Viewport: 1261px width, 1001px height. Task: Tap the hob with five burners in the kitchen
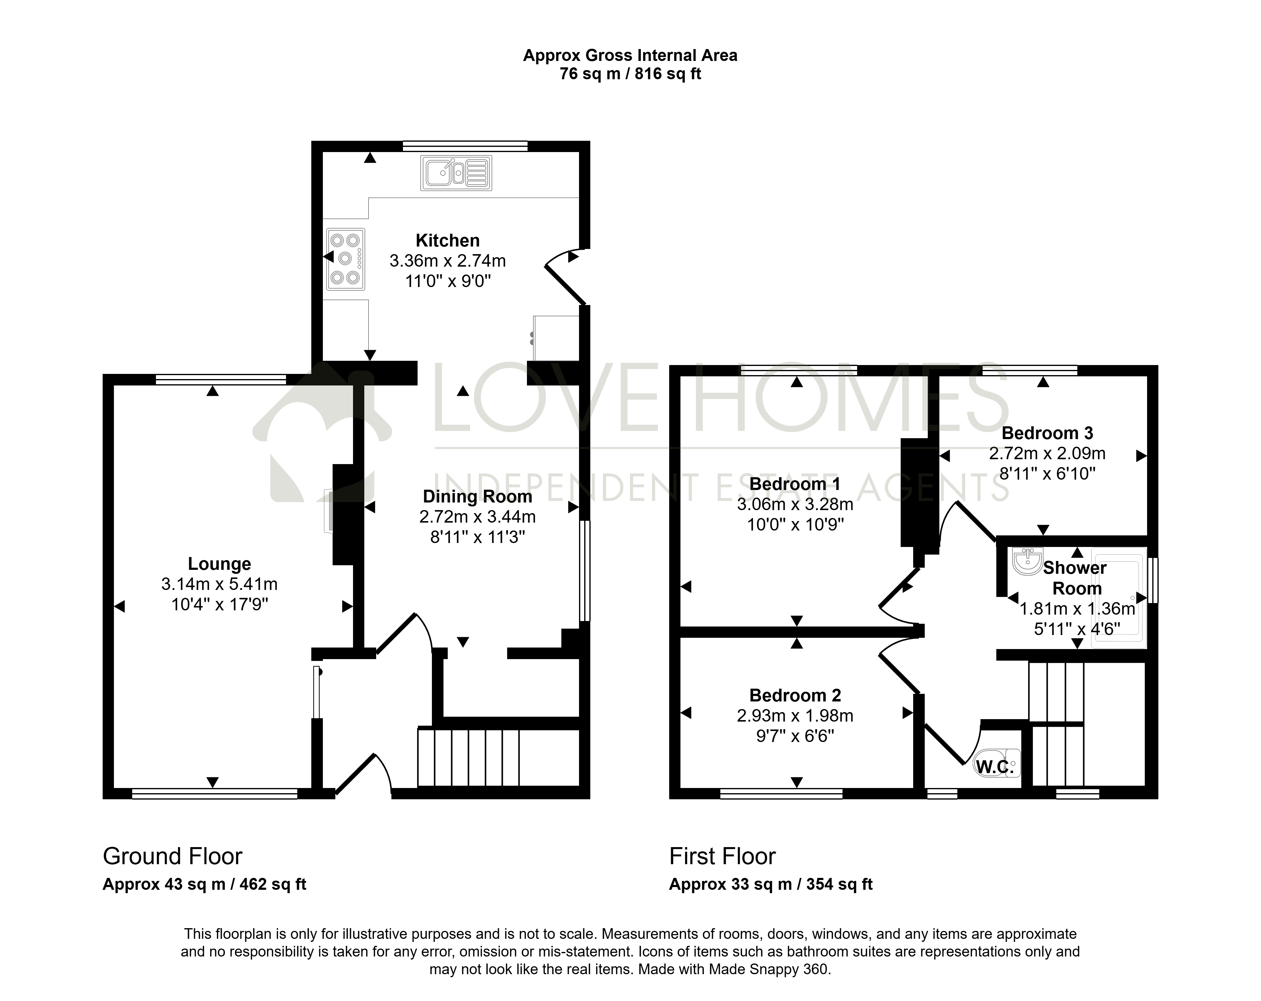[x=346, y=259]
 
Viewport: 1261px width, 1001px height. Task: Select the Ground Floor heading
[x=172, y=857]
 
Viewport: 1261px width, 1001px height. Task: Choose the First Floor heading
[x=722, y=857]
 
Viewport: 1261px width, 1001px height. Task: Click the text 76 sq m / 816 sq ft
[x=630, y=74]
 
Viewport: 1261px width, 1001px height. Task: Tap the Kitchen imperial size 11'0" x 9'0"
[x=448, y=281]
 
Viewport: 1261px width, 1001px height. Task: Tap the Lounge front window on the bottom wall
[x=215, y=793]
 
